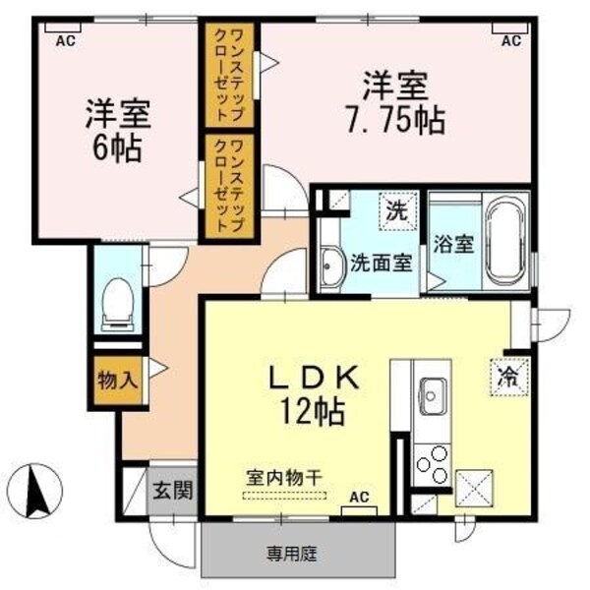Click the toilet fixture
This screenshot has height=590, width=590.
pos(118,305)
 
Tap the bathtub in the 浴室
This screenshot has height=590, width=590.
pos(505,242)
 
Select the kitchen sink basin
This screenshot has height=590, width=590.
pos(433,396)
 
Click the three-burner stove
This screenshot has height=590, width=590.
pos(433,465)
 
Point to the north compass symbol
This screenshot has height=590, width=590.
pos(35,491)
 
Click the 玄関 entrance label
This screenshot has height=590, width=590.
pos(173,490)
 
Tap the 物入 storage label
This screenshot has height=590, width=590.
pos(117,380)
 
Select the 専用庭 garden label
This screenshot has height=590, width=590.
pos(292,554)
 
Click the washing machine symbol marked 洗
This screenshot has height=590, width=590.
pos(398,211)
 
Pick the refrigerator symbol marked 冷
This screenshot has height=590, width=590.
pos(509,377)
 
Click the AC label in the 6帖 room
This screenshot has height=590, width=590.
pos(66,41)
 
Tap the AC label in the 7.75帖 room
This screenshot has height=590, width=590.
pos(511,40)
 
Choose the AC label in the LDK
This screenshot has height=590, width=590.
pos(359,497)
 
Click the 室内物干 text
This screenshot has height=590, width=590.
pos(284,478)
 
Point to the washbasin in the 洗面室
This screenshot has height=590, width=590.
pos(332,266)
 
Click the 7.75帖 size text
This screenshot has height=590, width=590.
pos(395,121)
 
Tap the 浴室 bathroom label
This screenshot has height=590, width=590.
pos(453,244)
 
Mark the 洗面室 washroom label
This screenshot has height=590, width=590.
pos(382,263)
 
